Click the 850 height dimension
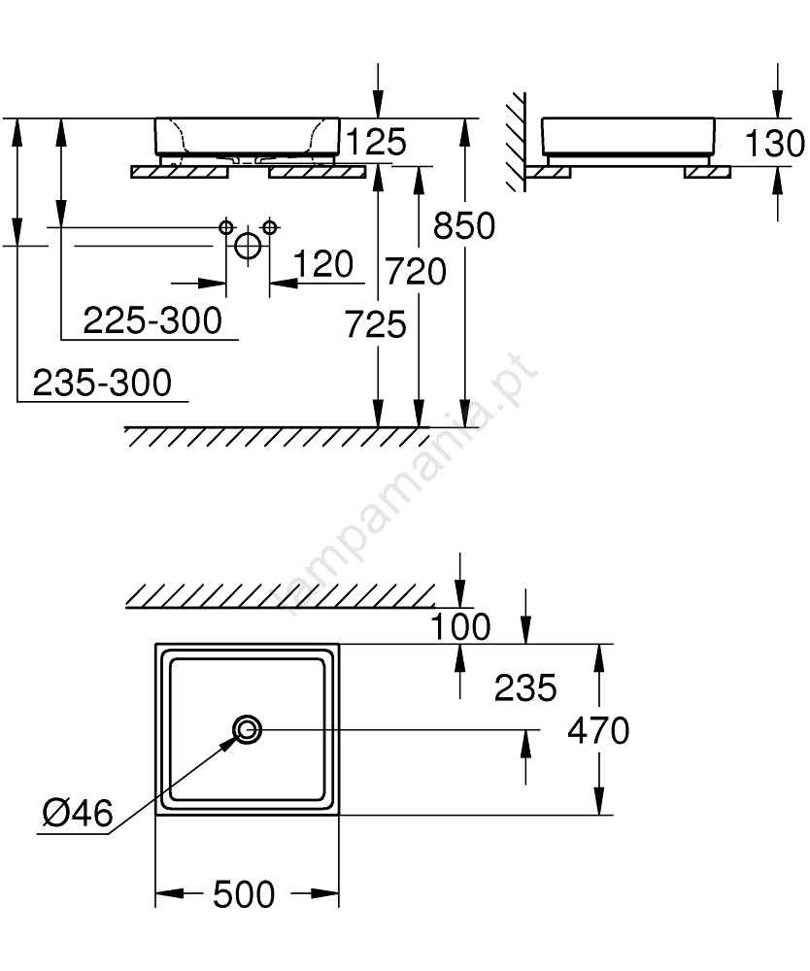click(x=464, y=225)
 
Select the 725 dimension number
click(x=375, y=324)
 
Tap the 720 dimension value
click(x=416, y=272)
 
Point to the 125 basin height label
click(x=376, y=142)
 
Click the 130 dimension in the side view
click(x=775, y=144)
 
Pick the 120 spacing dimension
click(x=322, y=264)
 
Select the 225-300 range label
click(x=152, y=320)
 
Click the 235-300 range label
click(x=102, y=383)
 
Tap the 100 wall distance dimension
click(x=460, y=626)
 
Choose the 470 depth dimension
click(x=598, y=731)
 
